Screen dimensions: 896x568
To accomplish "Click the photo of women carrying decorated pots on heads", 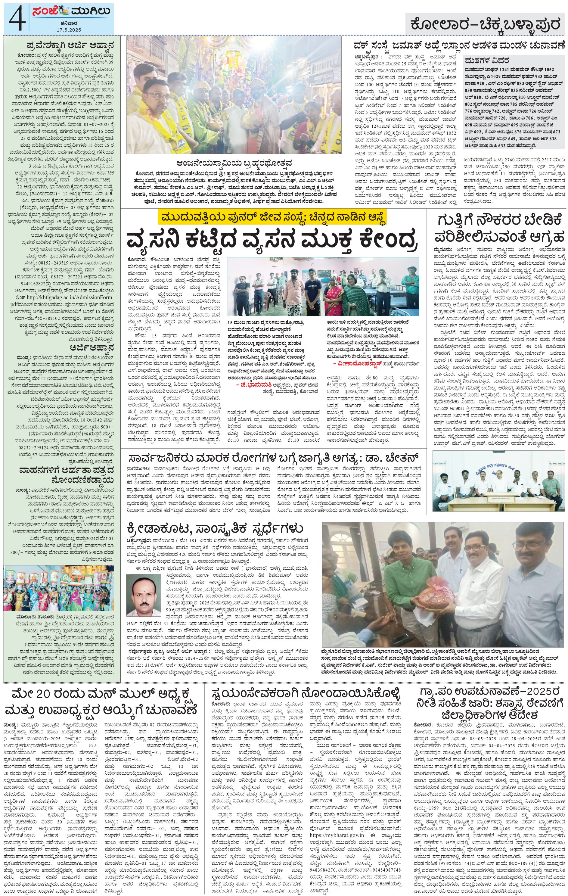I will point(62,589).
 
